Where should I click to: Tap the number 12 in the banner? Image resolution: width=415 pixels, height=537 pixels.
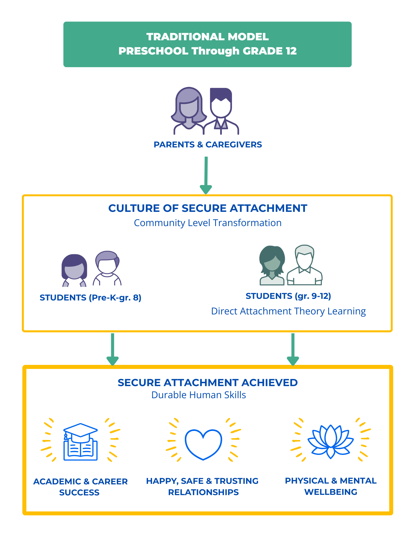click(x=291, y=51)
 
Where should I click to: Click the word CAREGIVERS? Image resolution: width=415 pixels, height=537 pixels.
click(x=234, y=145)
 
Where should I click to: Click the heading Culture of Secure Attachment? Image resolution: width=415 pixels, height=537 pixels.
click(x=208, y=208)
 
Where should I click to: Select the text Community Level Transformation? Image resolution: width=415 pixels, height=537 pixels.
click(x=208, y=223)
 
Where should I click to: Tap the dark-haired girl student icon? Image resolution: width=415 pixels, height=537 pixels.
click(x=74, y=270)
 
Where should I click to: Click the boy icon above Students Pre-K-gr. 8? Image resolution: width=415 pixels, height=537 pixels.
click(x=107, y=268)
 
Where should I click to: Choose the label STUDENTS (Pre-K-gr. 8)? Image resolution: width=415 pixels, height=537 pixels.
click(x=90, y=298)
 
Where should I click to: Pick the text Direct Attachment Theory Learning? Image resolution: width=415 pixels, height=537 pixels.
click(x=288, y=311)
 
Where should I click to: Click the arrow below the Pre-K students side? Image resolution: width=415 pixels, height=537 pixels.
click(x=113, y=349)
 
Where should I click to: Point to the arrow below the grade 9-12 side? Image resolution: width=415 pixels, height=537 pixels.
click(x=293, y=349)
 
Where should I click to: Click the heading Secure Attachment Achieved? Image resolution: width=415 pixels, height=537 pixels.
click(x=208, y=383)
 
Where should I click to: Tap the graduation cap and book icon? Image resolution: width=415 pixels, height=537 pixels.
click(x=80, y=442)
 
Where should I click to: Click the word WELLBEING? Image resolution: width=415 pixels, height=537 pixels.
click(x=331, y=492)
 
